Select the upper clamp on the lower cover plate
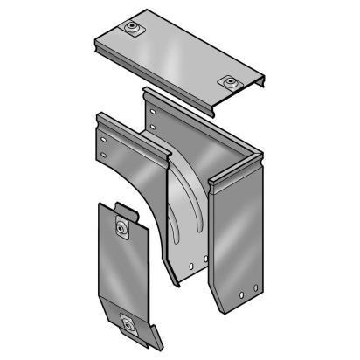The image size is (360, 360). (122, 228)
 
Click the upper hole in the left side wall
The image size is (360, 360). (104, 138)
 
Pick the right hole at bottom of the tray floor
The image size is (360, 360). (204, 260)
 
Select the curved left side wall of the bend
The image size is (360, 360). (131, 175)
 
